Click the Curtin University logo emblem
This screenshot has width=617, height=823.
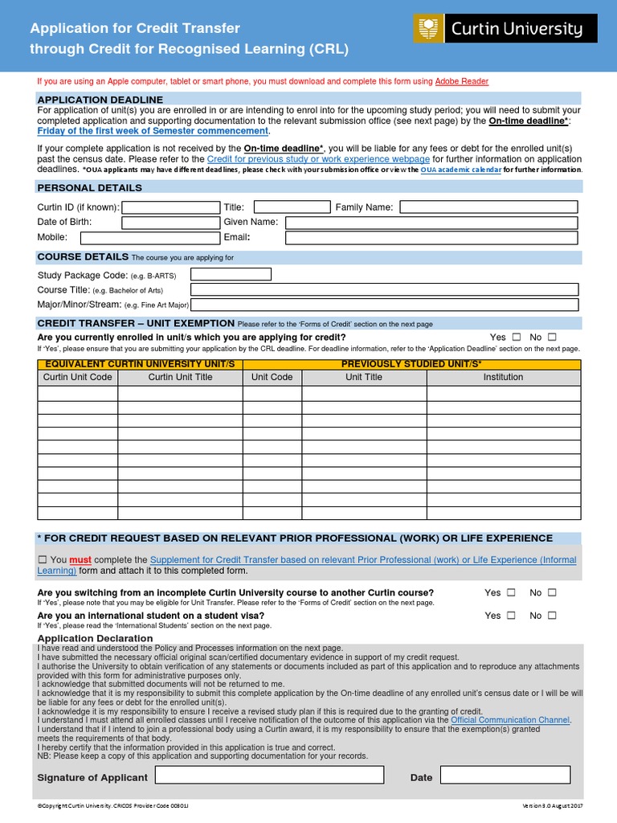427,30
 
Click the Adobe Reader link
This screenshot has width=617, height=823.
461,81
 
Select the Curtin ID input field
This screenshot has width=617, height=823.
170,207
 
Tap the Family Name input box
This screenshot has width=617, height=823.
488,207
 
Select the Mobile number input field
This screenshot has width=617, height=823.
149,238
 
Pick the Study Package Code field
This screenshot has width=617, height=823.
231,275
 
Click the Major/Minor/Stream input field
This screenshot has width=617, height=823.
385,305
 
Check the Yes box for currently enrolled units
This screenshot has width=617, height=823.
516,338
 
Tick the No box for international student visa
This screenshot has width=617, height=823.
552,616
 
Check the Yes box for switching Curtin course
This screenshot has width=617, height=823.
510,593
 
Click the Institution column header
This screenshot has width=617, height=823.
503,377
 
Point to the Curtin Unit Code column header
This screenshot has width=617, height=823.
78,377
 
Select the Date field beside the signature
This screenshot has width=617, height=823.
505,776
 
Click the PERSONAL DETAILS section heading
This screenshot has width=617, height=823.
90,188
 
